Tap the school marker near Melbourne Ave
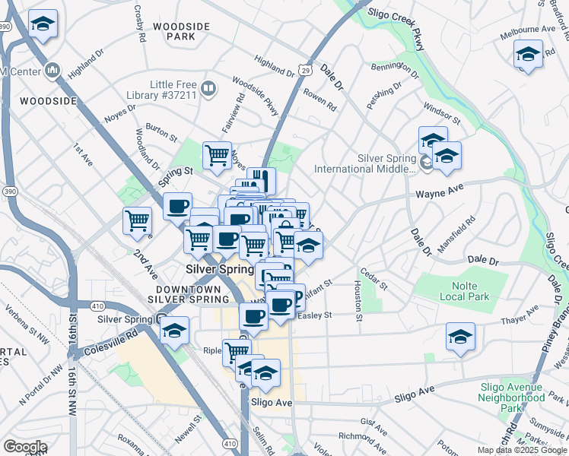click(528, 55)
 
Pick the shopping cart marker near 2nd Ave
click(137, 220)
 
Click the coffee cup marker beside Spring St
click(178, 206)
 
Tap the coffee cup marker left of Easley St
click(253, 316)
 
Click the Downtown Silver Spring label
click(187, 294)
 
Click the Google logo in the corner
click(25, 447)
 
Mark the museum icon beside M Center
click(52, 71)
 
